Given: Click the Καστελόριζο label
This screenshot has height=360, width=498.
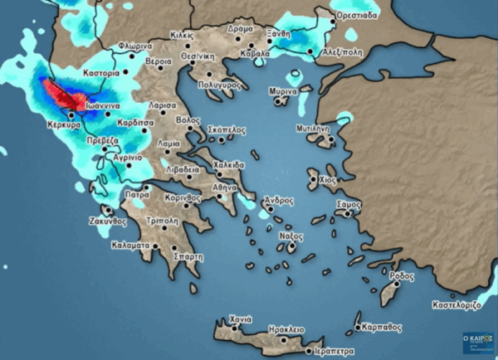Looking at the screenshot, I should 455,306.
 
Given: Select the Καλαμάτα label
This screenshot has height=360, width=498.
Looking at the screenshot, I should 129,246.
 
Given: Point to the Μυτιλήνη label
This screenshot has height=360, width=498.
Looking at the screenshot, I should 312,129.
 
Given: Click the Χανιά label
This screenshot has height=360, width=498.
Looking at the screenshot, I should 240,319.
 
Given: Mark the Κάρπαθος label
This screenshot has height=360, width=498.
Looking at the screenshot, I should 378,327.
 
